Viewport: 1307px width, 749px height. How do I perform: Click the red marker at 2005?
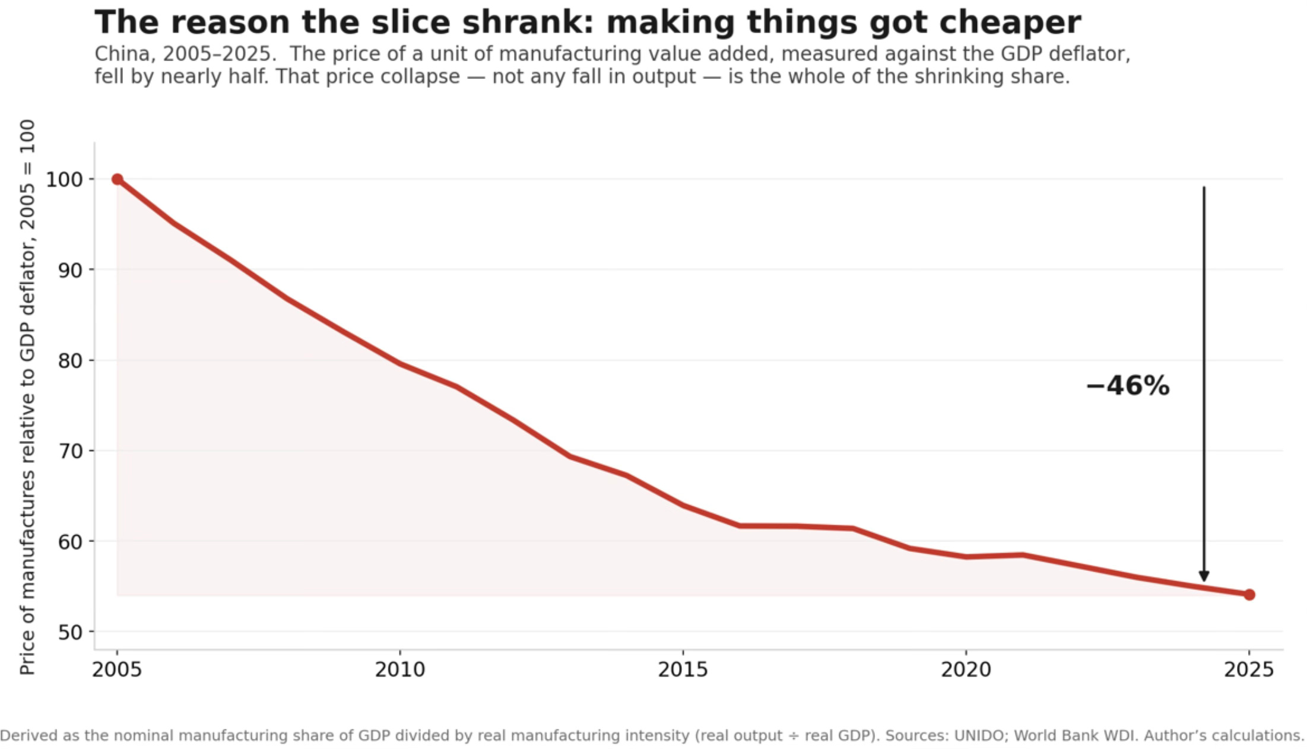pos(118,179)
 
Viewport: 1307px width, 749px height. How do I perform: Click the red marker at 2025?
pos(1249,594)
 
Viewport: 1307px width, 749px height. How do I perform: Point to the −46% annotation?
pos(1128,386)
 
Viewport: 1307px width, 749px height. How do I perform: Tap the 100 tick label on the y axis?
pos(65,179)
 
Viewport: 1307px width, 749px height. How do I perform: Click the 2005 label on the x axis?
pos(117,669)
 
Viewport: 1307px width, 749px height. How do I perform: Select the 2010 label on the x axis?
pos(400,669)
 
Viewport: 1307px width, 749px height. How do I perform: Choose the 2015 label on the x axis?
pos(683,669)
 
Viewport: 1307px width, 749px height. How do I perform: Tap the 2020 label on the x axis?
pos(966,669)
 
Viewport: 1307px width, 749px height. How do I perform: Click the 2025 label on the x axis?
pos(1249,669)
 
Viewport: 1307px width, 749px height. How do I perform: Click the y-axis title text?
pos(27,397)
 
